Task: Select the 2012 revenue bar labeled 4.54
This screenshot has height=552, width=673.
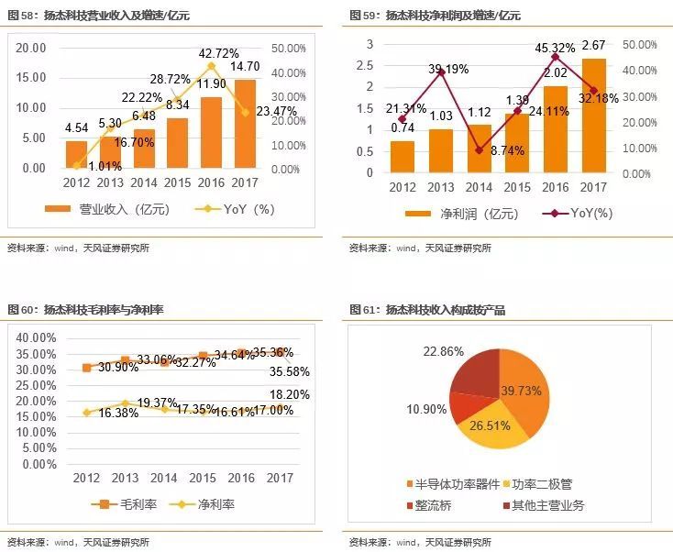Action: [x=76, y=154]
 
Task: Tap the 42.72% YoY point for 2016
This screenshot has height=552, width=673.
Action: [x=212, y=66]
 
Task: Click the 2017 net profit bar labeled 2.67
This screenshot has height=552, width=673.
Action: [x=594, y=115]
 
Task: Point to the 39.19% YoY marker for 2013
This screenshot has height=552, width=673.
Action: [x=441, y=72]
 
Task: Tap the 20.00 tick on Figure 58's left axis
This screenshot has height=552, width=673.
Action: [x=30, y=48]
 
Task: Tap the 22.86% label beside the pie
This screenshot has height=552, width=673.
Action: [x=443, y=352]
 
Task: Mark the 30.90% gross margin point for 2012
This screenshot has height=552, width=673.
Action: [x=87, y=368]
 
